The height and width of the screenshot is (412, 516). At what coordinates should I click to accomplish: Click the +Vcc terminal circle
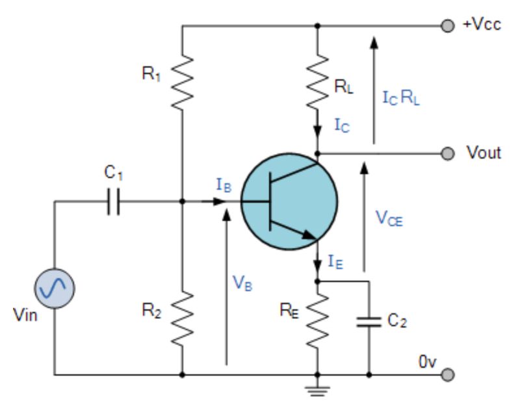click(446, 26)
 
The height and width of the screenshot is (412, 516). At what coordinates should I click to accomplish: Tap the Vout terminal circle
click(446, 153)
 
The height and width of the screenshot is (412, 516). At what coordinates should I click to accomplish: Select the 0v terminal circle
click(446, 375)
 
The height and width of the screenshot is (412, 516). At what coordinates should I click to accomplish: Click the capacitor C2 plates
click(369, 321)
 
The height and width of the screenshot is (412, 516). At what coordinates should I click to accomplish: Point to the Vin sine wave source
click(55, 287)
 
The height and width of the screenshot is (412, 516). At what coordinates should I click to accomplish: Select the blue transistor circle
click(290, 202)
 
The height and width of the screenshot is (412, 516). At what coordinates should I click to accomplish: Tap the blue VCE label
click(389, 220)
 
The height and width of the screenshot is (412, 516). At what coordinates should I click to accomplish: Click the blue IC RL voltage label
click(400, 99)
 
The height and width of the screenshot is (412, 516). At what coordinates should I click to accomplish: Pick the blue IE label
click(335, 263)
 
